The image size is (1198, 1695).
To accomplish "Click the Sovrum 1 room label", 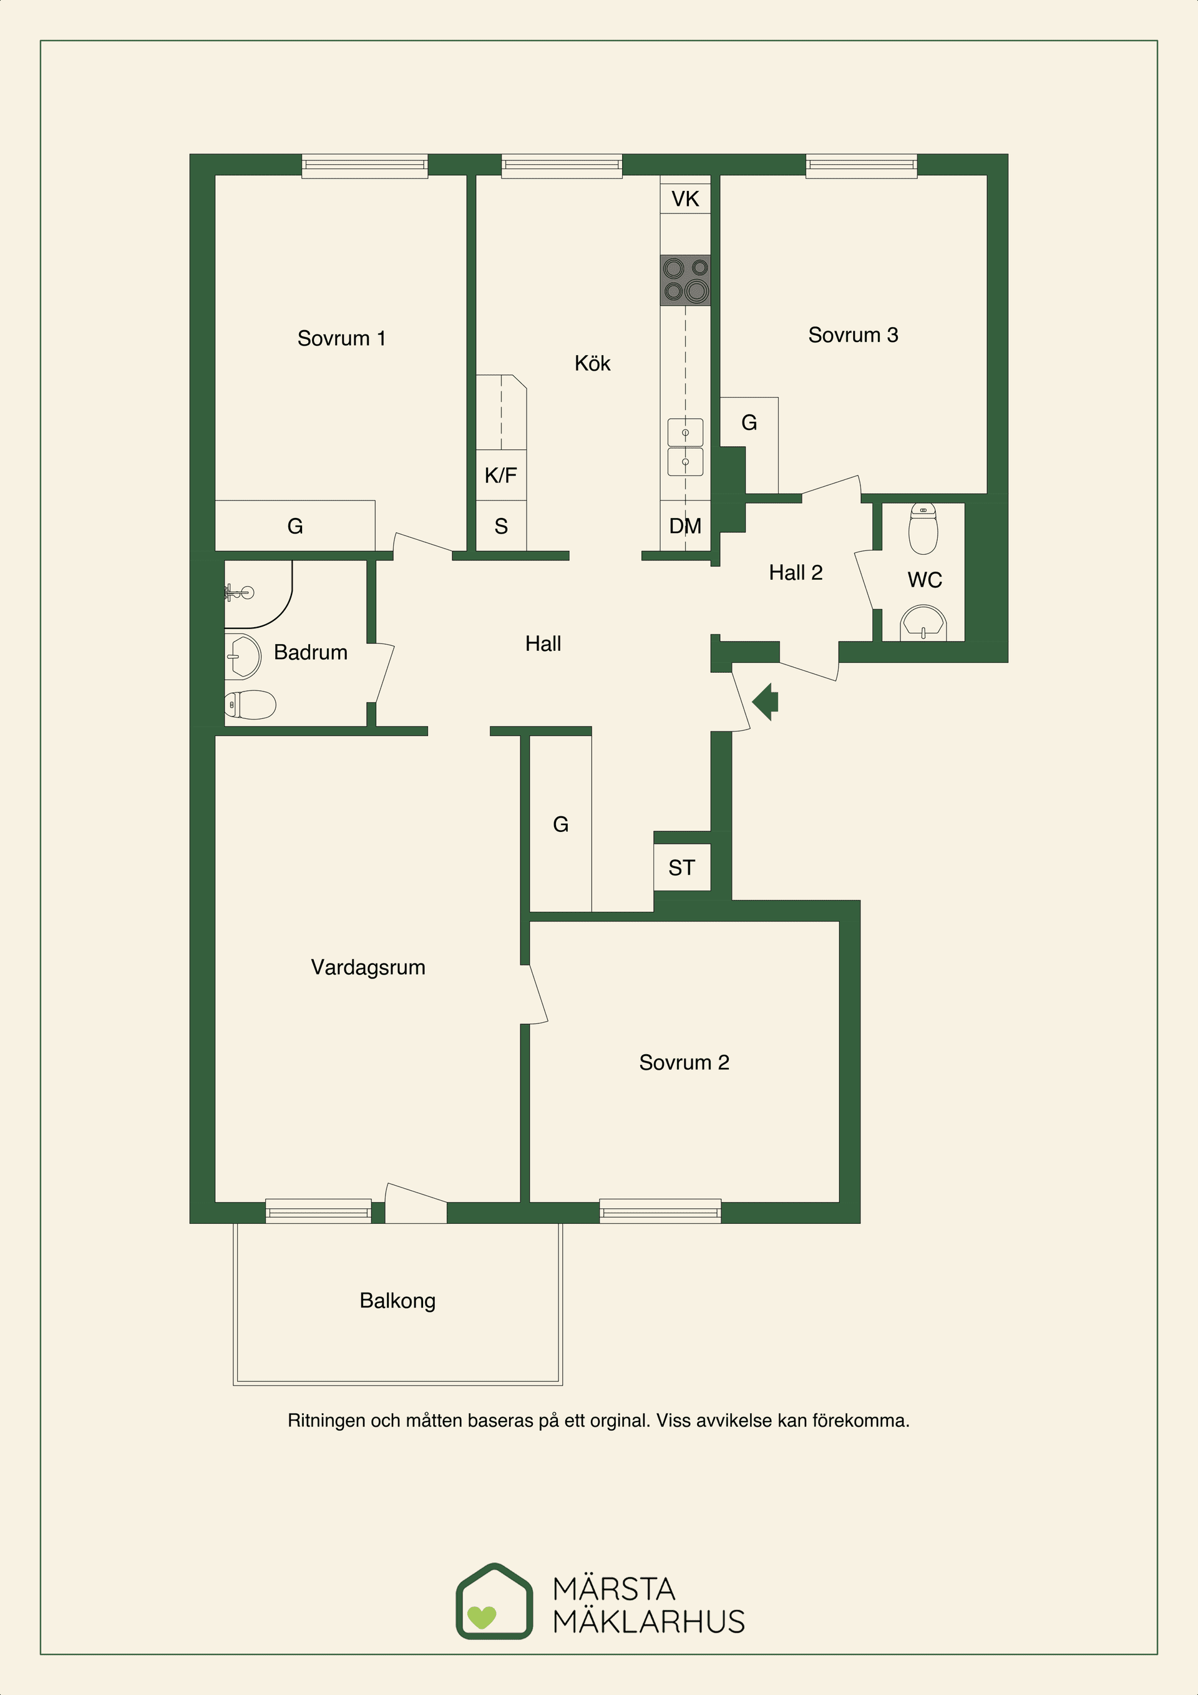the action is [341, 338].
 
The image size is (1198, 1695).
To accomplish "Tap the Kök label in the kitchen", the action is [593, 363].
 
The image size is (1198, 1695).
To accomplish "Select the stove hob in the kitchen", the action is [685, 280].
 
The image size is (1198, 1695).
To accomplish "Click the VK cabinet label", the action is [685, 198].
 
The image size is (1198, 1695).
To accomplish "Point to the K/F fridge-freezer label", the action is [500, 475].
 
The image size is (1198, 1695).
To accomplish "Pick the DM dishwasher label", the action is [685, 525].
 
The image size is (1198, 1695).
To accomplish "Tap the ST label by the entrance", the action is [681, 867].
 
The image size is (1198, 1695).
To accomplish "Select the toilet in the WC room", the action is [923, 528].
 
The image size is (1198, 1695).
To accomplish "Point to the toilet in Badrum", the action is [250, 705].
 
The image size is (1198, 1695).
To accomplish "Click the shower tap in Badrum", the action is [238, 592].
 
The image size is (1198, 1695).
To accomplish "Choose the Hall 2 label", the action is [796, 572].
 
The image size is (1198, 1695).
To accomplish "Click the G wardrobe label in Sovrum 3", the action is [749, 423].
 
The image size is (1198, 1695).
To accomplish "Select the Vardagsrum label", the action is [368, 967].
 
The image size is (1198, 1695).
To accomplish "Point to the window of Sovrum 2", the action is [660, 1211].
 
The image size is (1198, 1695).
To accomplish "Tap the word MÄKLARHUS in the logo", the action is [649, 1621].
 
